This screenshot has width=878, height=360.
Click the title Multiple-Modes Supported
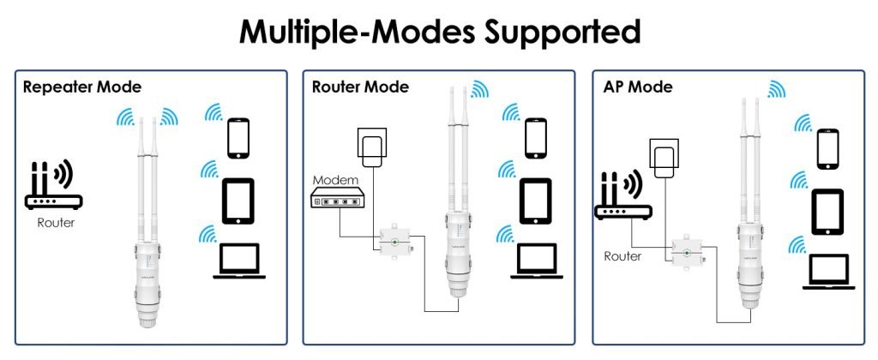coord(439,32)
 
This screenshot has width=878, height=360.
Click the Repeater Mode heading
coord(82,87)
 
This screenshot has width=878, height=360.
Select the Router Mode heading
coord(360,87)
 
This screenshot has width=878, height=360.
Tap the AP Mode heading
coord(638,87)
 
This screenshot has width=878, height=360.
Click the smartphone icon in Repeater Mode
coord(238,137)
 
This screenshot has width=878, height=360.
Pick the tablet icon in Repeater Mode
coord(238,200)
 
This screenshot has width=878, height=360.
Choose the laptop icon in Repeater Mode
coord(238,261)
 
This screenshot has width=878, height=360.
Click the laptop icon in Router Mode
coord(536,261)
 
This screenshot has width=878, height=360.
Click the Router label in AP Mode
coord(623,255)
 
